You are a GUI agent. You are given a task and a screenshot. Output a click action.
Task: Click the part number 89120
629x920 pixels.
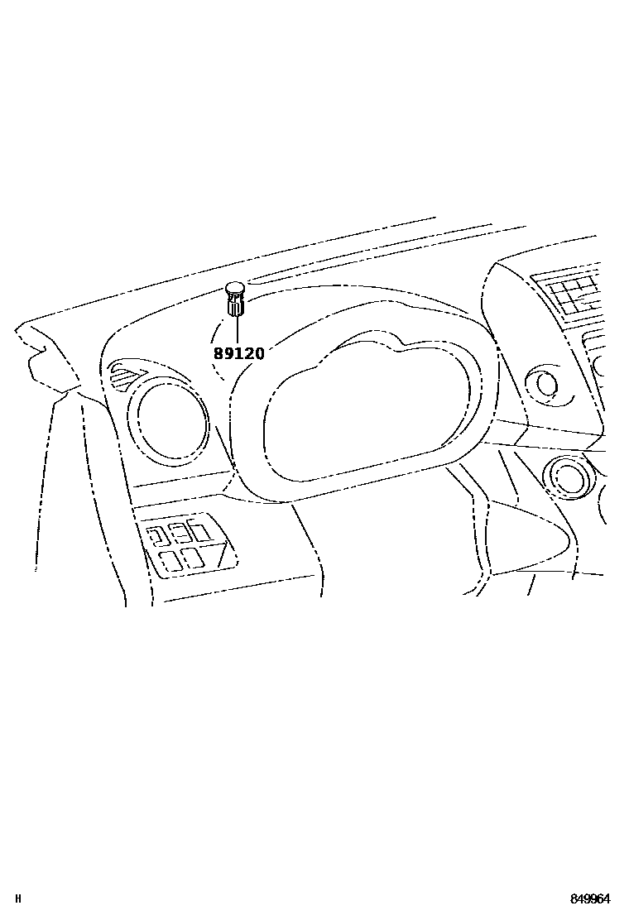pyautogui.click(x=239, y=354)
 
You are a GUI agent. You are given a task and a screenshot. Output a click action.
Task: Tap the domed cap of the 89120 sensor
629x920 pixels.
pyautogui.click(x=235, y=290)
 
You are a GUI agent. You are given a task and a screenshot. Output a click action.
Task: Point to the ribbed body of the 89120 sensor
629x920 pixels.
pyautogui.click(x=236, y=307)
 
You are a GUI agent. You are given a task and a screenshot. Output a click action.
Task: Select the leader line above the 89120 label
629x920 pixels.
pyautogui.click(x=237, y=330)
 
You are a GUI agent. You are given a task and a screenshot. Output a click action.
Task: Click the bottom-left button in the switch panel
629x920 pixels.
pyautogui.click(x=170, y=561)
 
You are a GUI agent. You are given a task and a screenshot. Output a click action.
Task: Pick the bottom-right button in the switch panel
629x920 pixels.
pyautogui.click(x=194, y=558)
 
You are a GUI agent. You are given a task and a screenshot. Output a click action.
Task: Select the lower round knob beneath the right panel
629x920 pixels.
pyautogui.click(x=569, y=478)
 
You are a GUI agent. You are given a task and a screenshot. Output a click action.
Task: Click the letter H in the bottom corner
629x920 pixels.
pyautogui.click(x=17, y=898)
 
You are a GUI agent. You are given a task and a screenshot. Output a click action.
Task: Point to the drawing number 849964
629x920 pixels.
pyautogui.click(x=589, y=898)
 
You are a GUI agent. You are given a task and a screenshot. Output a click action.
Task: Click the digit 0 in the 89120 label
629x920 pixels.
pyautogui.click(x=259, y=354)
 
